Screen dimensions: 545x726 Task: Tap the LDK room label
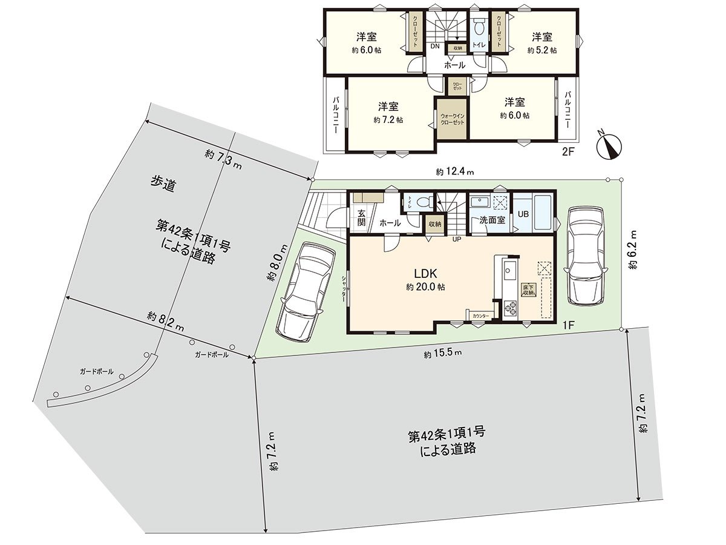click(425, 272)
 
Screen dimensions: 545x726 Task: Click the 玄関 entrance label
click(361, 217)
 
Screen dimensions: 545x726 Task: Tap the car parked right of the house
click(585, 256)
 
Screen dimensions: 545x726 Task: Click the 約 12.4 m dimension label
click(454, 172)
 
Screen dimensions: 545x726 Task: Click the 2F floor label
click(567, 151)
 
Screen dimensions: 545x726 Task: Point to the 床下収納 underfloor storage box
click(528, 289)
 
